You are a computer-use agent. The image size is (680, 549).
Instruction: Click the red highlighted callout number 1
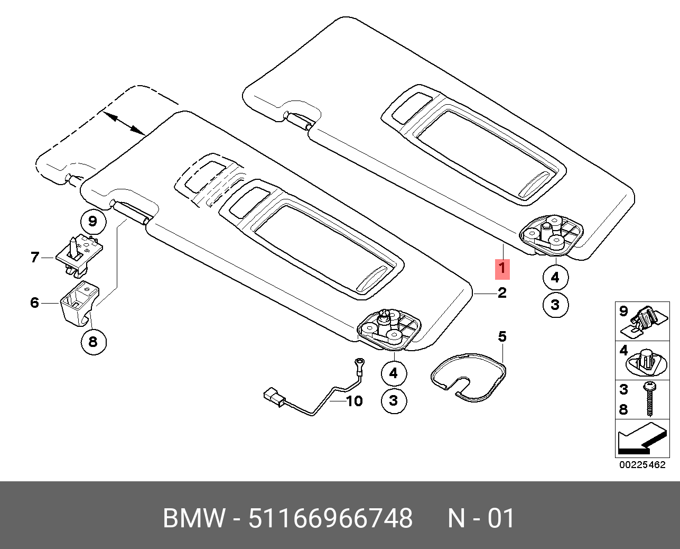click(502, 270)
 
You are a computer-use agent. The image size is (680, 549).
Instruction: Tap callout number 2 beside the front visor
click(502, 292)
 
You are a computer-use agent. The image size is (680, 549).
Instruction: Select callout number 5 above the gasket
click(502, 336)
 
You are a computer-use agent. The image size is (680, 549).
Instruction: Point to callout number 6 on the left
click(34, 303)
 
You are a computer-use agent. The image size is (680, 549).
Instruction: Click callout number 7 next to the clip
click(35, 257)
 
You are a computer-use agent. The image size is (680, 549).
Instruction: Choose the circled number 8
click(93, 342)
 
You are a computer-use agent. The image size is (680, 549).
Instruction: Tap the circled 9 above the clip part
click(93, 221)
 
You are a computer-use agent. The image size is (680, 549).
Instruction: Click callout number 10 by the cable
click(355, 401)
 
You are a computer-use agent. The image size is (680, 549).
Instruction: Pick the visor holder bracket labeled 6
click(80, 303)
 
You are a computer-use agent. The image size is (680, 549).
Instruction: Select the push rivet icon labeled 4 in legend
click(647, 363)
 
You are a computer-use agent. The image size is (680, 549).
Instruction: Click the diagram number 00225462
click(642, 465)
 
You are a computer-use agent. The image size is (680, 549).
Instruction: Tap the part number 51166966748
click(331, 518)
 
